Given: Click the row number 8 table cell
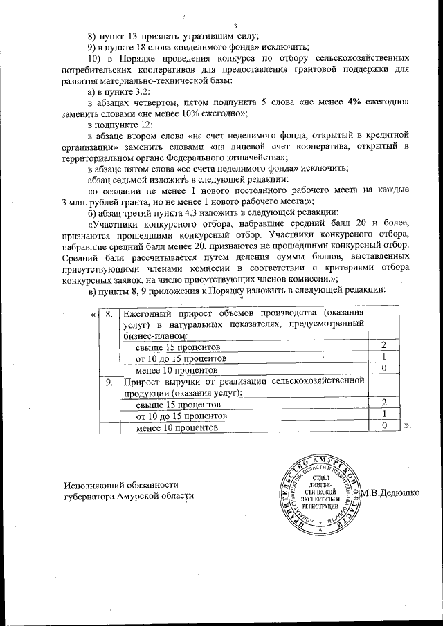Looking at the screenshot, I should (108, 314).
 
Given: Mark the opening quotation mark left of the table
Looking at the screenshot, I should (93, 314).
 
